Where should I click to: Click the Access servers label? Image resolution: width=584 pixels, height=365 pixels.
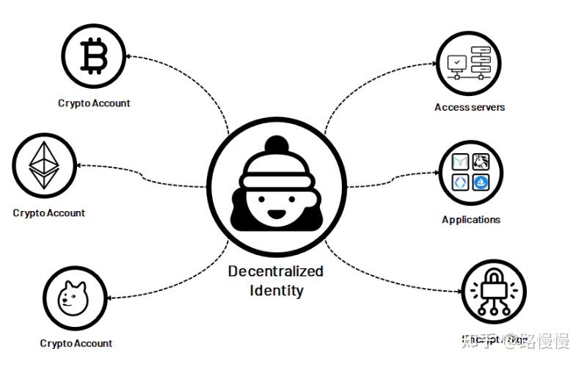tap(470, 107)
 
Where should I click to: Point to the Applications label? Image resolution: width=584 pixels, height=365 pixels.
tap(471, 219)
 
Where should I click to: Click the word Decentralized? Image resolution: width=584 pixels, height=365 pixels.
tap(275, 271)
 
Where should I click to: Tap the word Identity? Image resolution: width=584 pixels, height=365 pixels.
tap(276, 290)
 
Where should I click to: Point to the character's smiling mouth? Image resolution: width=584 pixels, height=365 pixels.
tap(276, 215)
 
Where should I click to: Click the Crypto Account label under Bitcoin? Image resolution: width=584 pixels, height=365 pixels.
tap(94, 103)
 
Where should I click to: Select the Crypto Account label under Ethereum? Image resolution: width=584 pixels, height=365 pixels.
tap(48, 213)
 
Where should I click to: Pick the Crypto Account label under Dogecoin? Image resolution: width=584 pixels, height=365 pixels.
tap(76, 343)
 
